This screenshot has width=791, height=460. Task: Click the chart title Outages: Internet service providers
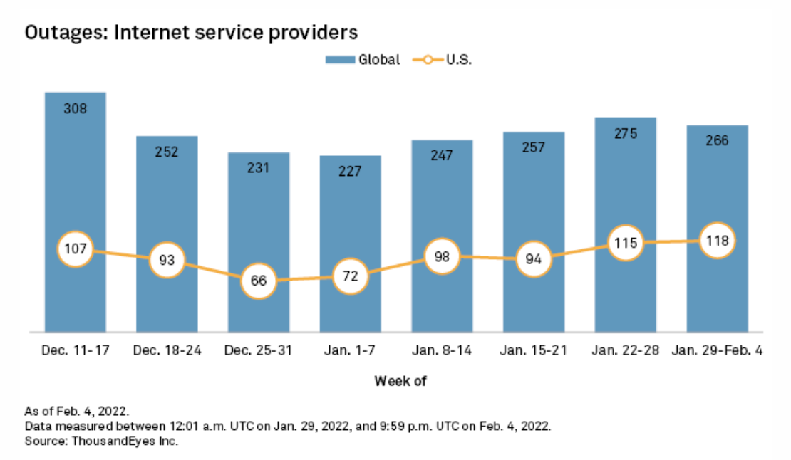click(190, 33)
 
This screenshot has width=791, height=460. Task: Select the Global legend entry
click(363, 60)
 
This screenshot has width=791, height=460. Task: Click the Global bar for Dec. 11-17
click(75, 178)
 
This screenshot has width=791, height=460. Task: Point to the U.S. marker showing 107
click(75, 249)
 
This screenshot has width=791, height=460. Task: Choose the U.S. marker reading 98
click(442, 256)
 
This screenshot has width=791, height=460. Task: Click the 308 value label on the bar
click(75, 109)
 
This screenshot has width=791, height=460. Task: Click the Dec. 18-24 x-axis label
click(167, 351)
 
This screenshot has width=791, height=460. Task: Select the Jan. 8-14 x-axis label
click(442, 351)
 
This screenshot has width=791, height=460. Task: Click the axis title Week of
click(400, 381)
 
